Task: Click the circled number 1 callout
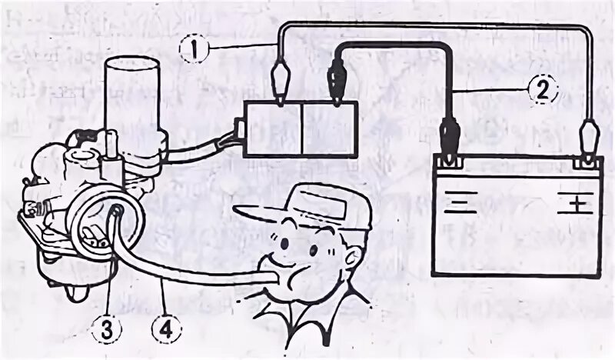click(x=196, y=48)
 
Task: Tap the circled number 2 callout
click(x=540, y=90)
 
